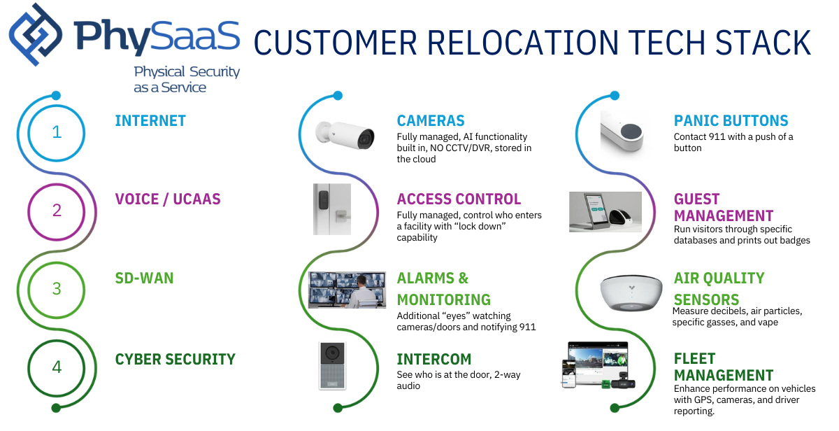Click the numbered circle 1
click(x=57, y=132)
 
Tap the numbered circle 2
click(x=57, y=210)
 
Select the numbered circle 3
click(x=57, y=288)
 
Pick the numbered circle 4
click(x=57, y=367)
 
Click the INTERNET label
click(x=150, y=121)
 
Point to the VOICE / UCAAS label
click(x=167, y=199)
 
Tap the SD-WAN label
click(x=144, y=278)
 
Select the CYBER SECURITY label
click(x=175, y=360)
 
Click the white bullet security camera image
click(x=345, y=134)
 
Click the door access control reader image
click(x=331, y=209)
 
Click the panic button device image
click(x=631, y=136)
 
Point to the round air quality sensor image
click(x=631, y=292)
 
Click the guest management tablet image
click(x=605, y=211)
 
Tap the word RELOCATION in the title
click(x=522, y=43)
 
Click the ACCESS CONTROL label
click(x=459, y=199)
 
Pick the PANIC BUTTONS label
click(x=731, y=121)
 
